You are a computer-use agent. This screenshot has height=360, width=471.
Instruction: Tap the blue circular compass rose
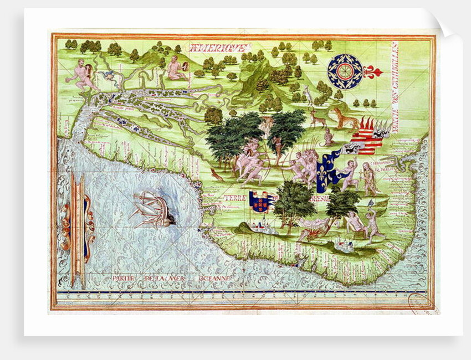pos(345,71)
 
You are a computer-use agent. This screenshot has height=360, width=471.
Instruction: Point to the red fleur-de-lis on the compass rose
pos(371,71)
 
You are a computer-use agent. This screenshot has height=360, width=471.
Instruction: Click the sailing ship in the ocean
pos(152,208)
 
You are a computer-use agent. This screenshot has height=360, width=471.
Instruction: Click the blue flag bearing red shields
pos(260,202)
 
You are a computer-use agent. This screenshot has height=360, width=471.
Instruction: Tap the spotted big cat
pos(344,117)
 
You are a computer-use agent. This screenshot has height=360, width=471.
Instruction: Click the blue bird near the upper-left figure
pos(109,75)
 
